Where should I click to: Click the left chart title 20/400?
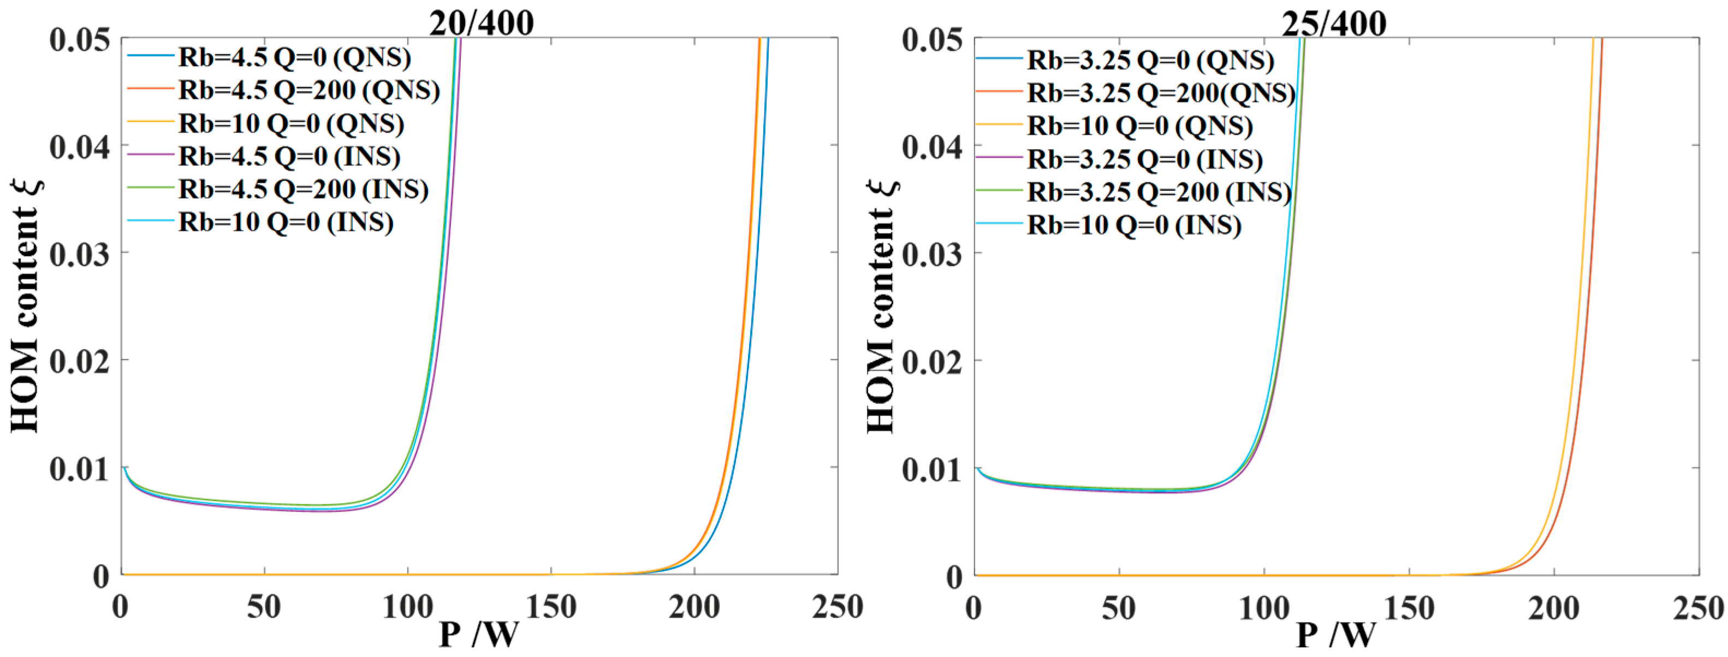pos(481,23)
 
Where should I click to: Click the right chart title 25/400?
pos(1334,23)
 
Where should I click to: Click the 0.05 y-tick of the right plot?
pos(932,39)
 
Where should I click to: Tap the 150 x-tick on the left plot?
pos(551,607)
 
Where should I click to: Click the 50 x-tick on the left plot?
pos(264,607)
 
